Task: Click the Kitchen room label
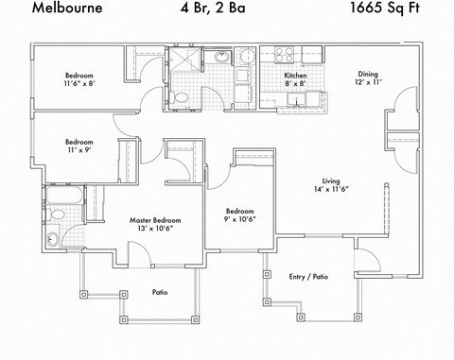[296, 76]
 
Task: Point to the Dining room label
[368, 76]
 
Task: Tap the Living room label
[331, 180]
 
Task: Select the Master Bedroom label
[155, 220]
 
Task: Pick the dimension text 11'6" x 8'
[79, 84]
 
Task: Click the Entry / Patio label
[307, 277]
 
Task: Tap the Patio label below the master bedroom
[160, 293]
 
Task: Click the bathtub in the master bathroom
[63, 199]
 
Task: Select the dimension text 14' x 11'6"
[331, 190]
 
